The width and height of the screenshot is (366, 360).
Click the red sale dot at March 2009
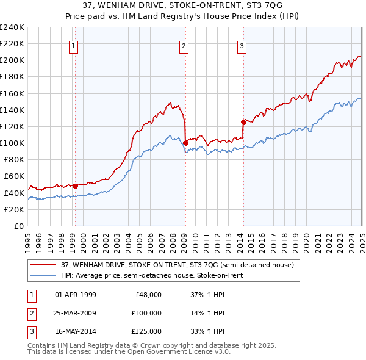185,143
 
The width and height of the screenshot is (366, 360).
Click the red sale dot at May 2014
243,121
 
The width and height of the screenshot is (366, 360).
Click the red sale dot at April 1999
75,185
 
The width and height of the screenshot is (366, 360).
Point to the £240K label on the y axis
12,27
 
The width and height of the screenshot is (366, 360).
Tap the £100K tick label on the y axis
12,143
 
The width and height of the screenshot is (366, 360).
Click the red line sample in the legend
43,265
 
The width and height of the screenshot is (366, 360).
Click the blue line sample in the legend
43,275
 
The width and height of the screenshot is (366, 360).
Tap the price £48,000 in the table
148,295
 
